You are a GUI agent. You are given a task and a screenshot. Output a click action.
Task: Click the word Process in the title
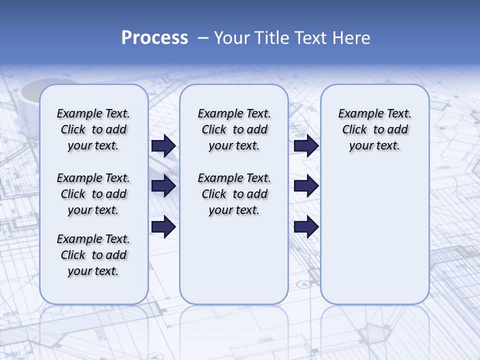[x=154, y=38]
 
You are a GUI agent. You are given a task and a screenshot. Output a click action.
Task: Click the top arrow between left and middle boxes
[x=163, y=145]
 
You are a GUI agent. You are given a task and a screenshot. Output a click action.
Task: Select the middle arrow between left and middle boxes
[x=163, y=186]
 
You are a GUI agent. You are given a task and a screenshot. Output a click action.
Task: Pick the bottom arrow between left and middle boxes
[x=163, y=226]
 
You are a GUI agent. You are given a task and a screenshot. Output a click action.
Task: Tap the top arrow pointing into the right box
[x=306, y=145]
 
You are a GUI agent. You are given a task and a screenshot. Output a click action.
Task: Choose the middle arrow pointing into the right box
[x=306, y=186]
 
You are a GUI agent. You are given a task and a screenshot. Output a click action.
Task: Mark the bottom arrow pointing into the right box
[x=306, y=226]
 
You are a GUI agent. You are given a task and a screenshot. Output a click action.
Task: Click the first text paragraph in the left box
[x=93, y=129]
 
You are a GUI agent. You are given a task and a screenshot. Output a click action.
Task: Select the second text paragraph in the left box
[x=93, y=194]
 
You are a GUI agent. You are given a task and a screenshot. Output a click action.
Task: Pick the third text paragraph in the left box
[x=93, y=255]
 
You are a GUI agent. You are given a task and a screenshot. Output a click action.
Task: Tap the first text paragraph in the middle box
[x=234, y=129]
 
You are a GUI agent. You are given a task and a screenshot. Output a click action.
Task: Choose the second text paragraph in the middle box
[x=234, y=194]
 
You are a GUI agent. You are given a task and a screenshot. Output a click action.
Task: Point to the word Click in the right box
[x=354, y=130]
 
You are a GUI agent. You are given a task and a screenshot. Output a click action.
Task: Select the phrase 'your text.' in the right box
[x=374, y=146]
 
